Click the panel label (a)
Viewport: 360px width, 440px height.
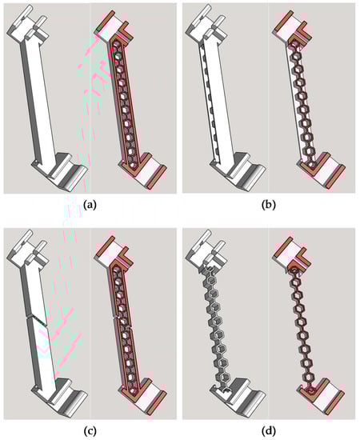click(90, 205)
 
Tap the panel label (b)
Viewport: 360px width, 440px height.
click(268, 205)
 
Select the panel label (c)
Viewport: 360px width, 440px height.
click(90, 430)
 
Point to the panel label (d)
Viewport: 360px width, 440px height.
click(268, 430)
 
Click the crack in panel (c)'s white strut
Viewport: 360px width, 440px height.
click(36, 319)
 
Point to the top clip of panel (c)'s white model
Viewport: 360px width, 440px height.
click(27, 249)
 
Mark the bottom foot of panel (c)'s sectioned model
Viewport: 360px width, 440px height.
click(145, 396)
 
